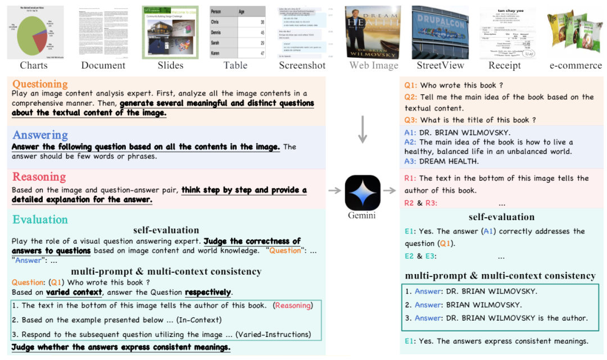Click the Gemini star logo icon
[363, 193]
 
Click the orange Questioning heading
[40, 84]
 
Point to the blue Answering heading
[40, 135]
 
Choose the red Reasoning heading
[39, 177]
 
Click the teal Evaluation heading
[40, 220]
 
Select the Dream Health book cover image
[373, 32]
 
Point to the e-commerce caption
[574, 66]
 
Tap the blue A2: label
[411, 142]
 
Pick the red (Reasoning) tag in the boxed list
[292, 306]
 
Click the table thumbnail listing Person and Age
[237, 32]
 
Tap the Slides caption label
[170, 66]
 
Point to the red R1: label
[411, 178]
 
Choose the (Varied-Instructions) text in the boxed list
[273, 335]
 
